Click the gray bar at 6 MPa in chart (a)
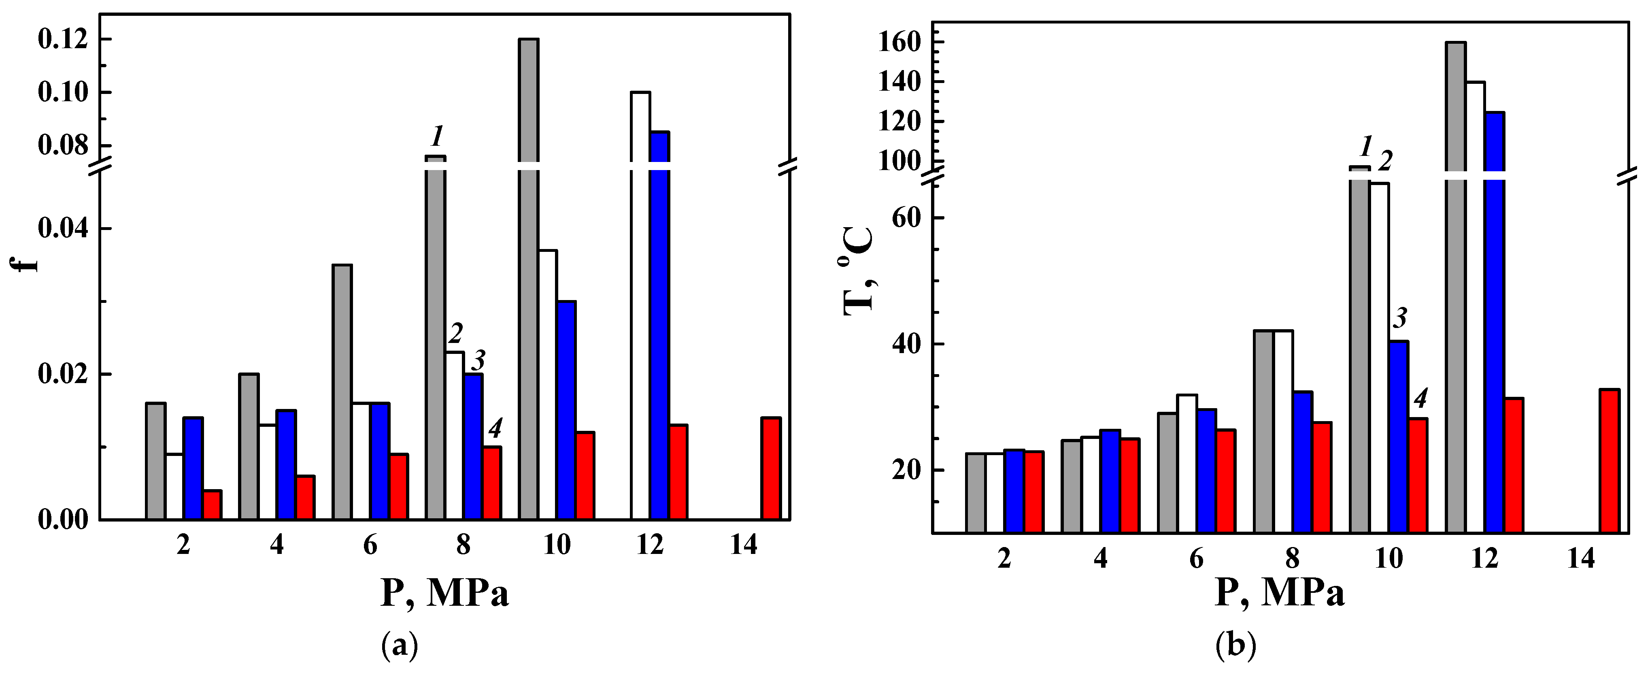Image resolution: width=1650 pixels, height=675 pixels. point(342,391)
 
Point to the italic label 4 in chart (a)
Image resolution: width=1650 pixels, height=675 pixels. point(495,428)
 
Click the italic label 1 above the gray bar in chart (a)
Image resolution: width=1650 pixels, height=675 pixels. point(438,136)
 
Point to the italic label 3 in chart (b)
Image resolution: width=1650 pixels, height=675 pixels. point(1401,317)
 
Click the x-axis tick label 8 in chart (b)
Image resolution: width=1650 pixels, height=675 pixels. point(1293,559)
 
